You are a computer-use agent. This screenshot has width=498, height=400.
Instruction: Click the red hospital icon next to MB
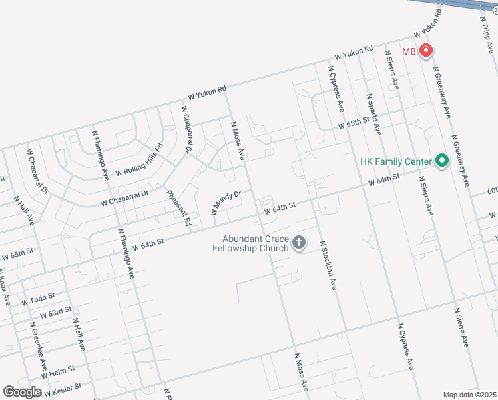(425, 51)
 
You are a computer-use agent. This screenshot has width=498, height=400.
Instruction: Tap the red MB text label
(409, 51)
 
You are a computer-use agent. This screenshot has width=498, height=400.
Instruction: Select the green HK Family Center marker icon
(440, 161)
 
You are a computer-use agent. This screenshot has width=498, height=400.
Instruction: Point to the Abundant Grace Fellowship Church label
(255, 243)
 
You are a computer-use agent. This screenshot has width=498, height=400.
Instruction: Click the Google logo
(22, 392)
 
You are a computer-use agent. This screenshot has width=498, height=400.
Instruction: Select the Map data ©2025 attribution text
(469, 395)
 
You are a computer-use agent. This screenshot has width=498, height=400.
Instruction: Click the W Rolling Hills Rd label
(138, 162)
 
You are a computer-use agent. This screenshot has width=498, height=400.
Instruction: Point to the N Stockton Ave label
(328, 265)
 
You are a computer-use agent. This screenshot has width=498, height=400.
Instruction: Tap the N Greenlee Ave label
(37, 347)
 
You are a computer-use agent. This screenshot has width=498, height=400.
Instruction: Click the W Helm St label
(58, 371)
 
